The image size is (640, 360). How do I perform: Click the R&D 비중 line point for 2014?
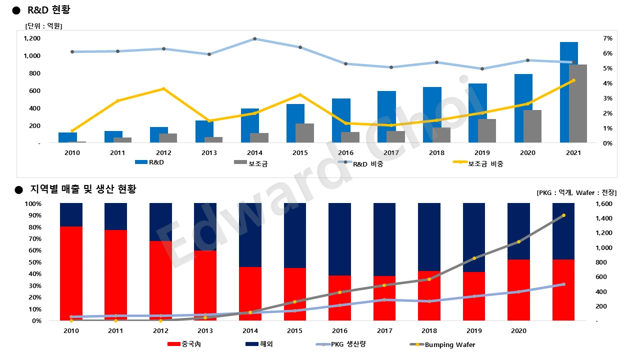coord(254,38)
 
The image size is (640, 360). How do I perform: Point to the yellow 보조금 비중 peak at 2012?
coord(163,89)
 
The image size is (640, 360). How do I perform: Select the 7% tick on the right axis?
coord(607,38)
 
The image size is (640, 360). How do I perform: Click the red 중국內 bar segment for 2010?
coord(71,273)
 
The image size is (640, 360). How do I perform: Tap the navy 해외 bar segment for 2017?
coord(384,239)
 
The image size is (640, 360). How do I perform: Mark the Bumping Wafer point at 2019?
coord(474,258)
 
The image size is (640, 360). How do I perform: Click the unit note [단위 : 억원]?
coord(43,26)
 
